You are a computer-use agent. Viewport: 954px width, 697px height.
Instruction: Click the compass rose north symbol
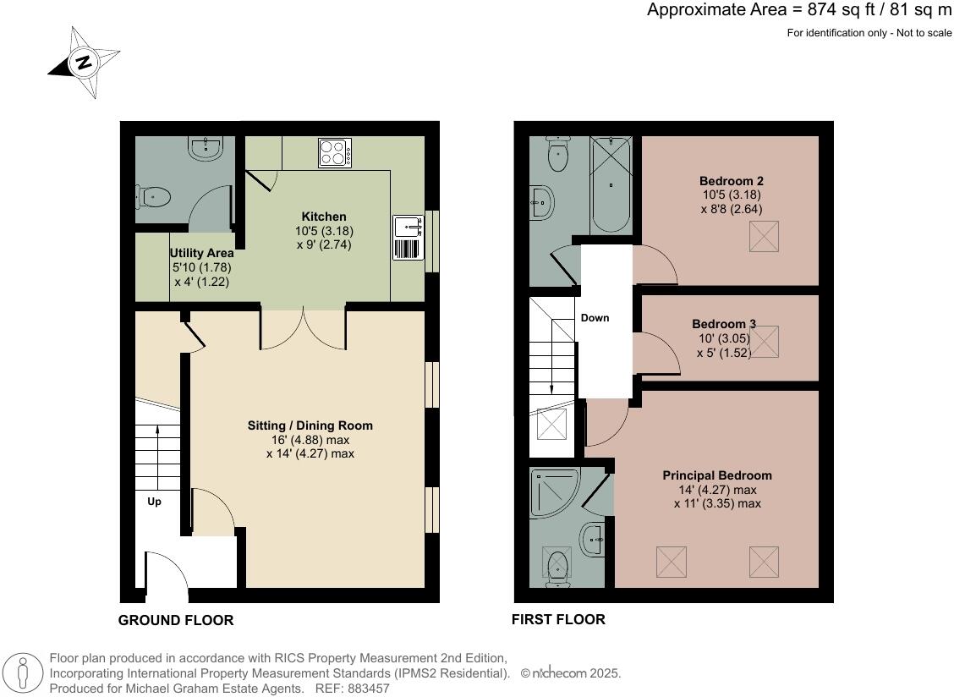84,62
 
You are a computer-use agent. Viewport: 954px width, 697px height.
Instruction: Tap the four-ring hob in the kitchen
335,153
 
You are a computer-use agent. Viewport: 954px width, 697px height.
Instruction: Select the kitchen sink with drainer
408,238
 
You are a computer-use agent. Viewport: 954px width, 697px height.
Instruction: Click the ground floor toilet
153,197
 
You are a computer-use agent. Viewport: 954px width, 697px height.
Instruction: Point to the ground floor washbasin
206,148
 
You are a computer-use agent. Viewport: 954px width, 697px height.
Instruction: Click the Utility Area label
201,253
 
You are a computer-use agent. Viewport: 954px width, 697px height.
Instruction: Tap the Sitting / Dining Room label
310,425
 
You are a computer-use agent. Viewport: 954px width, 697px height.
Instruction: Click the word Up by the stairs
154,502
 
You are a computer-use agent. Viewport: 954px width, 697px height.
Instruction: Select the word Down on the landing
595,318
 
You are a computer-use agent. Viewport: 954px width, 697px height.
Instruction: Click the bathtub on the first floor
611,184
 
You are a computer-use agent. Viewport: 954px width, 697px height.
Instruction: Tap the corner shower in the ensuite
554,493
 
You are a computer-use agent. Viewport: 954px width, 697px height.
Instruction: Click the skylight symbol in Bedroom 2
764,236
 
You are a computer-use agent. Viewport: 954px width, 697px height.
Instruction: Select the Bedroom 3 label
723,324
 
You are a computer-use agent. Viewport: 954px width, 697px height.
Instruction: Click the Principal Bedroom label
716,475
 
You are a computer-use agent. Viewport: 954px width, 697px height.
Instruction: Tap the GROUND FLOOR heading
176,620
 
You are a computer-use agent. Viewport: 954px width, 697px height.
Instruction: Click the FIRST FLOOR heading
558,620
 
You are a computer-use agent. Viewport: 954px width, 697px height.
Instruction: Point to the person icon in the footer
23,674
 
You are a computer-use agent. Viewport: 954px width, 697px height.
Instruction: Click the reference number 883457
368,689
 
